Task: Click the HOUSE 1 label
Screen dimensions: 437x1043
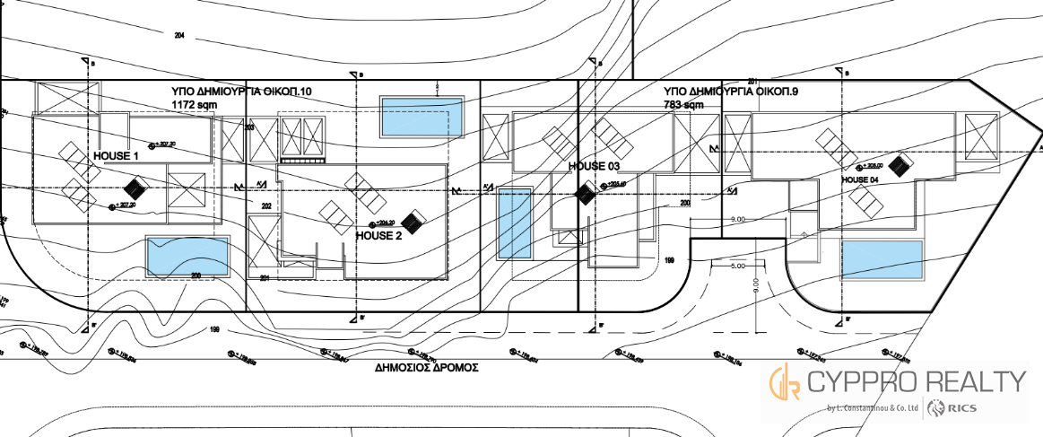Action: pos(116,155)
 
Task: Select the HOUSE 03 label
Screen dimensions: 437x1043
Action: pos(594,166)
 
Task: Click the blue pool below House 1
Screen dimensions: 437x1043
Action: pos(187,256)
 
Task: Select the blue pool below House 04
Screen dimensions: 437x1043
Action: pos(882,258)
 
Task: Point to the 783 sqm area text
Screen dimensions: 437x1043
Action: pos(682,105)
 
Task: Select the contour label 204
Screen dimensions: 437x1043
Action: pos(179,35)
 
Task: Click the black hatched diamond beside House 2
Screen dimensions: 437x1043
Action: pos(414,221)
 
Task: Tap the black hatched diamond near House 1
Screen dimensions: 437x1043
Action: pos(135,188)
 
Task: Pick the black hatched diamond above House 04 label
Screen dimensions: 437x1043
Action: pos(901,163)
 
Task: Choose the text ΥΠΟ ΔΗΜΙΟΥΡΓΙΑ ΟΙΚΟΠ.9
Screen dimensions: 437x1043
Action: pos(724,92)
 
